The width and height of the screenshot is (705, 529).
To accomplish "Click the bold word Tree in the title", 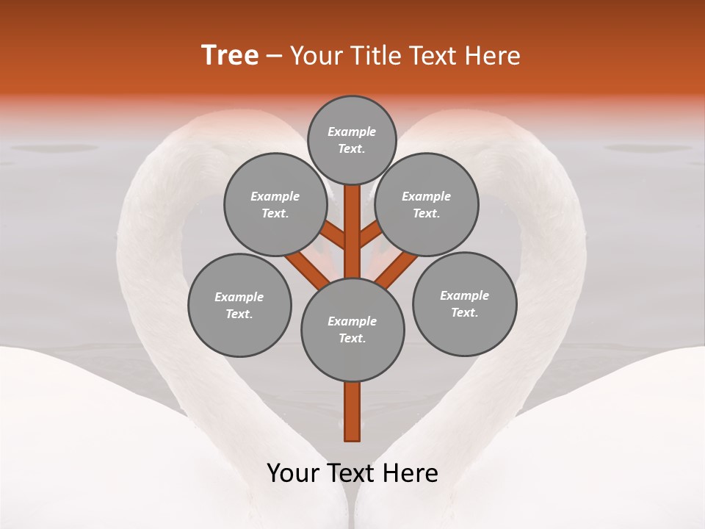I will point(230,56).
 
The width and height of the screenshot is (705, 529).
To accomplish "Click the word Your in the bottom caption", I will point(293,473).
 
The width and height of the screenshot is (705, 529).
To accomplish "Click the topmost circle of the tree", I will point(352,140).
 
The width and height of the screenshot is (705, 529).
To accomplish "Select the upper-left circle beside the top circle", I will point(275,204).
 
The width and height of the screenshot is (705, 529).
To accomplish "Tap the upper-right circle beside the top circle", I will point(427,204).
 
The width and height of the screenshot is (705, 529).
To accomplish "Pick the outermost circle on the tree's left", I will point(239,305).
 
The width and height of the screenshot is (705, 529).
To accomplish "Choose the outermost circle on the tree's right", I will point(464,303).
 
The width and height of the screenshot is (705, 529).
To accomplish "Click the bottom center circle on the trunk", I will point(352,330).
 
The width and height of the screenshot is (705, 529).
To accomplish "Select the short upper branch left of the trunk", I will point(334,236).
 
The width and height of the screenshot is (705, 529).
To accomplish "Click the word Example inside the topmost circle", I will point(352,132).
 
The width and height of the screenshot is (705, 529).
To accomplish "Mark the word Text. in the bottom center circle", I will point(352,339).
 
